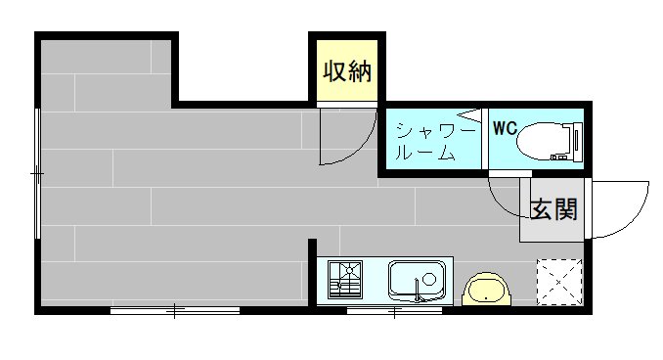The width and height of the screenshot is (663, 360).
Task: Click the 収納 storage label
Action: pos(347,71)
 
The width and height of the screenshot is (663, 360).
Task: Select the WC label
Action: pos(504,128)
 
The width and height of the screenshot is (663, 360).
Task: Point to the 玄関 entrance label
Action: pos(553,209)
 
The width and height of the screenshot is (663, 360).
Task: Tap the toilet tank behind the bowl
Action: pos(574,139)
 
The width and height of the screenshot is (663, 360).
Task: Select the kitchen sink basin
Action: pos(419,281)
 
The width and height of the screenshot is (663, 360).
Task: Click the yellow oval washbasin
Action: pos(486,291)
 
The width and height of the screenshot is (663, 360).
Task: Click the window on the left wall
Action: pos(38,173)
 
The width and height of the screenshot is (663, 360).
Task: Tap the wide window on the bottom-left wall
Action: pos(174,311)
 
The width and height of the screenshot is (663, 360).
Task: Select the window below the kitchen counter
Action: pos(394,312)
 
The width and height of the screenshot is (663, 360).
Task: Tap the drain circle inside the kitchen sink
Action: pos(428,278)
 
